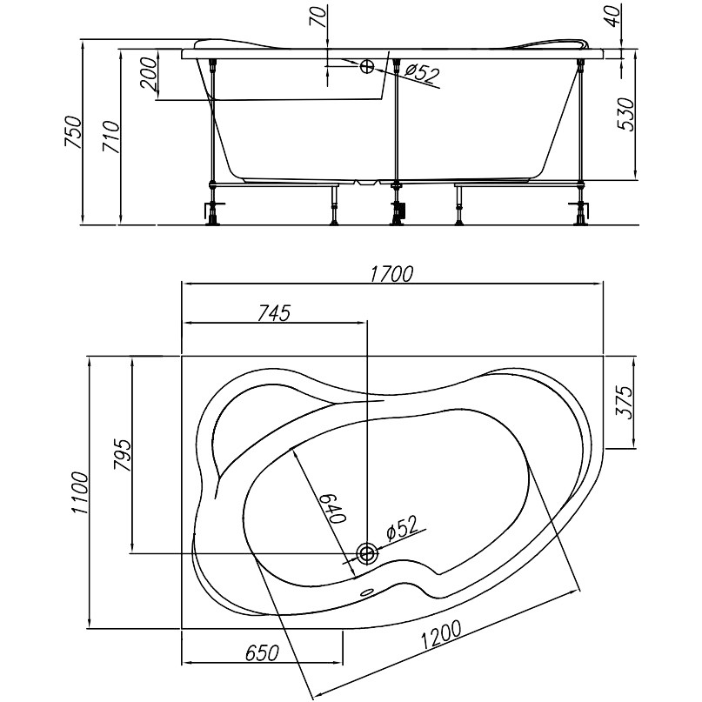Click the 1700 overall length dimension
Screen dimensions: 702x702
(391, 274)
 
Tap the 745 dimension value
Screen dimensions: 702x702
(274, 313)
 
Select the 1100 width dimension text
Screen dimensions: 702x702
(81, 492)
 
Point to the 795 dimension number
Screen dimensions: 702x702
(123, 455)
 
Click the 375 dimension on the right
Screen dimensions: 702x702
(624, 402)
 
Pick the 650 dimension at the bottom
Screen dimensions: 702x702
(263, 653)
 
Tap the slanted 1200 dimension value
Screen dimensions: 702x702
(441, 635)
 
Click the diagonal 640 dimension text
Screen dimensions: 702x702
(333, 508)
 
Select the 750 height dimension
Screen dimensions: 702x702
(73, 132)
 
